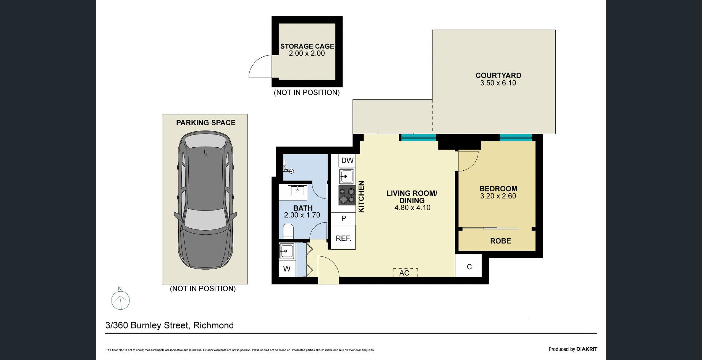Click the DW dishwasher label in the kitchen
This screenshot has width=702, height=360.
(x=347, y=160)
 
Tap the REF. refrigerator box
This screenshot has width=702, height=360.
(x=343, y=238)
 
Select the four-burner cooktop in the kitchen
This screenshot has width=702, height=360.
(x=347, y=196)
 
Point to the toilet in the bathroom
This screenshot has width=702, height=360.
(x=288, y=231)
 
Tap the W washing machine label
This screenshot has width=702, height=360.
(x=287, y=269)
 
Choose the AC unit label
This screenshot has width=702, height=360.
(x=404, y=273)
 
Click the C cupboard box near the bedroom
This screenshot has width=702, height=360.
(x=469, y=266)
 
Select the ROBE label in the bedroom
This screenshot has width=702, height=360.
(x=501, y=241)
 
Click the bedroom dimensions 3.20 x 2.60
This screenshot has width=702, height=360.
(x=498, y=196)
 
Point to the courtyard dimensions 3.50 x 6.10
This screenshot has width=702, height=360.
(x=498, y=83)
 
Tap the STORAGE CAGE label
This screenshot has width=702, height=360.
(x=307, y=46)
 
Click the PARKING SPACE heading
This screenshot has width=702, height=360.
(x=206, y=123)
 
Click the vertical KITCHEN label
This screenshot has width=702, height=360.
(x=361, y=197)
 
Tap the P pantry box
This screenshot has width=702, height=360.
(x=343, y=219)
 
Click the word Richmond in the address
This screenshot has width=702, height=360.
(x=214, y=325)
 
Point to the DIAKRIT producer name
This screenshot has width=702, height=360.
(x=587, y=349)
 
